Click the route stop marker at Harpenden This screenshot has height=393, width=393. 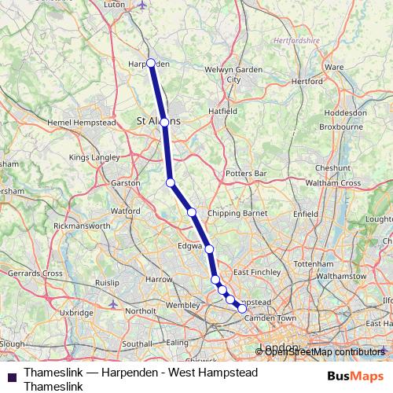click(150, 63)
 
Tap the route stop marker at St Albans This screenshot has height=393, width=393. click(164, 123)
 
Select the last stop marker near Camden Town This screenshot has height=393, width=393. click(242, 309)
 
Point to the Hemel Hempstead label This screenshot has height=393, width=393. click(81, 123)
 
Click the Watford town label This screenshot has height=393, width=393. click(126, 211)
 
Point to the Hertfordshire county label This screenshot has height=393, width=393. click(297, 39)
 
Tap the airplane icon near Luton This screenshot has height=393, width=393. click(141, 6)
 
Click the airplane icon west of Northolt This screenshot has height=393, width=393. click(113, 303)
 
